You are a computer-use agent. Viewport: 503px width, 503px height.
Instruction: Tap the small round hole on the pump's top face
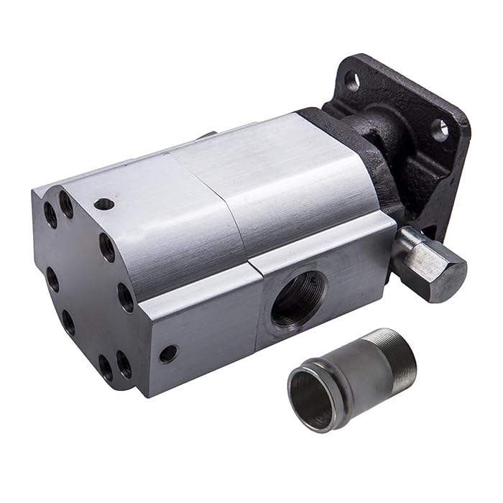pyautogui.click(x=103, y=204)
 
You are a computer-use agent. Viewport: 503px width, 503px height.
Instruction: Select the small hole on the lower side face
pyautogui.click(x=168, y=354)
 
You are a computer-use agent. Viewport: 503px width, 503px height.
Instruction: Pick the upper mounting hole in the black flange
pyautogui.click(x=351, y=81)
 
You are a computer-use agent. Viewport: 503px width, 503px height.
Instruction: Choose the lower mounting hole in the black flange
pyautogui.click(x=440, y=129)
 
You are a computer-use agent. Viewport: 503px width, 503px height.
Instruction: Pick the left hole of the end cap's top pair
pyautogui.click(x=50, y=213)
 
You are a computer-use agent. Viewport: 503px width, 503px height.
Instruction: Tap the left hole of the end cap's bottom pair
pyautogui.click(x=106, y=367)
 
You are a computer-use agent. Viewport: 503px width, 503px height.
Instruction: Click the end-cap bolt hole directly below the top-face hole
pyautogui.click(x=107, y=246)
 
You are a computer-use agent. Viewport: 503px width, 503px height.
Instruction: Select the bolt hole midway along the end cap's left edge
pyautogui.click(x=52, y=279)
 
